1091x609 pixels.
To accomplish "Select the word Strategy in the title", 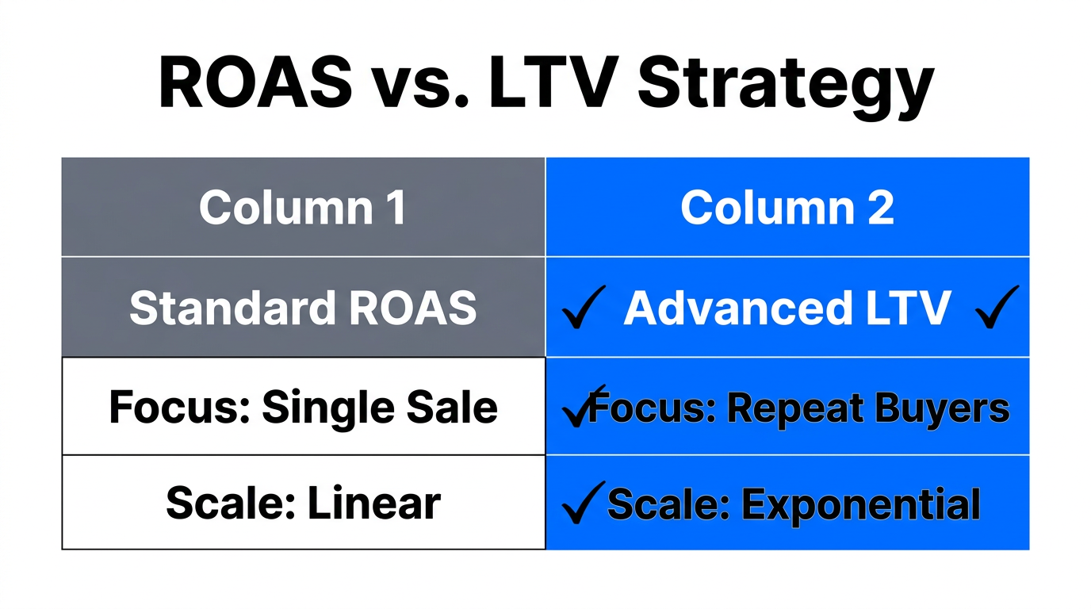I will pos(786,86).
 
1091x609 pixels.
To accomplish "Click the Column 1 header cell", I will pos(303,207).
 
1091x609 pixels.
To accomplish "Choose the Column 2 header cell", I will pos(787,207).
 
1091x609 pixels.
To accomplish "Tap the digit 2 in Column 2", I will pos(878,207).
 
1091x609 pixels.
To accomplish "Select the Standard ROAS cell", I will pos(303,308).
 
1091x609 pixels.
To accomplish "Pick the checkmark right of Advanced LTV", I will pos(997,308).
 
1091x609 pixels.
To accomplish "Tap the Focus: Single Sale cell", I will pos(303,407).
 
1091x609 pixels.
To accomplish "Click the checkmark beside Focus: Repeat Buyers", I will pos(581,406).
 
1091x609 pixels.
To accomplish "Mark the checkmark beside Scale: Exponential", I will pos(582,503).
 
